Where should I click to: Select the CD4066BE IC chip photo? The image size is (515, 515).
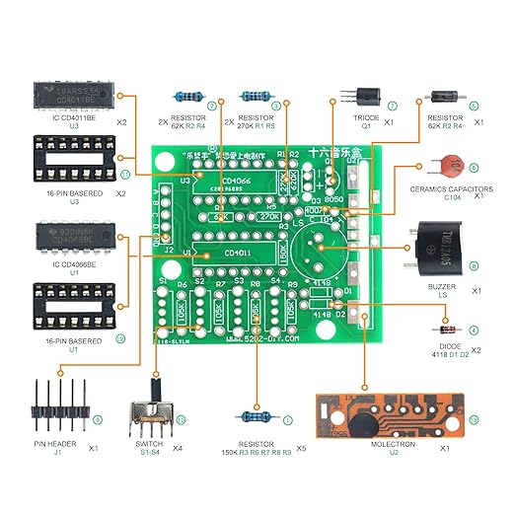(x=66, y=237)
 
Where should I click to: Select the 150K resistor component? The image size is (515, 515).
(x=258, y=418)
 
